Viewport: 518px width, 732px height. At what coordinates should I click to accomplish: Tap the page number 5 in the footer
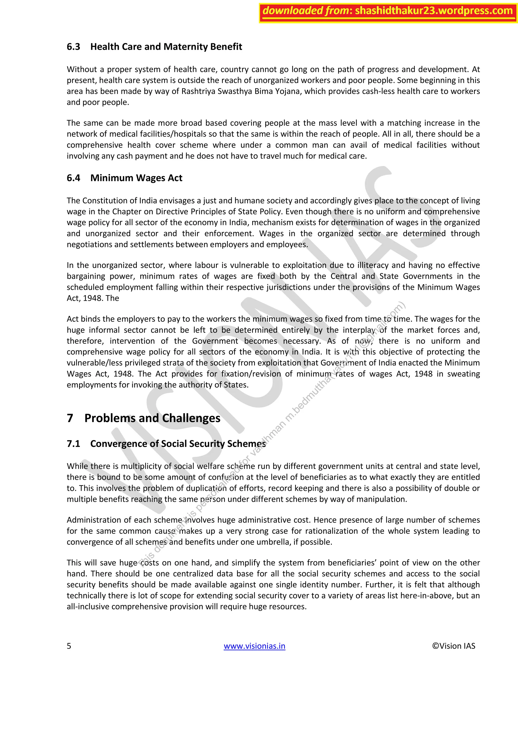tap(69, 646)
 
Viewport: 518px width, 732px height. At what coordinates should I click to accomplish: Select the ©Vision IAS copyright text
tap(453, 646)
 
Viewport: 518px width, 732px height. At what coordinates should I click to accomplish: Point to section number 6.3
tap(73, 47)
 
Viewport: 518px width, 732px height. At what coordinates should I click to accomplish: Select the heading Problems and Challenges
tap(152, 418)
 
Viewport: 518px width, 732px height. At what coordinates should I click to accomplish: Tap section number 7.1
tap(73, 444)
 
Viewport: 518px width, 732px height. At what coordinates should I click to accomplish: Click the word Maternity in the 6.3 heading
tap(189, 47)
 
